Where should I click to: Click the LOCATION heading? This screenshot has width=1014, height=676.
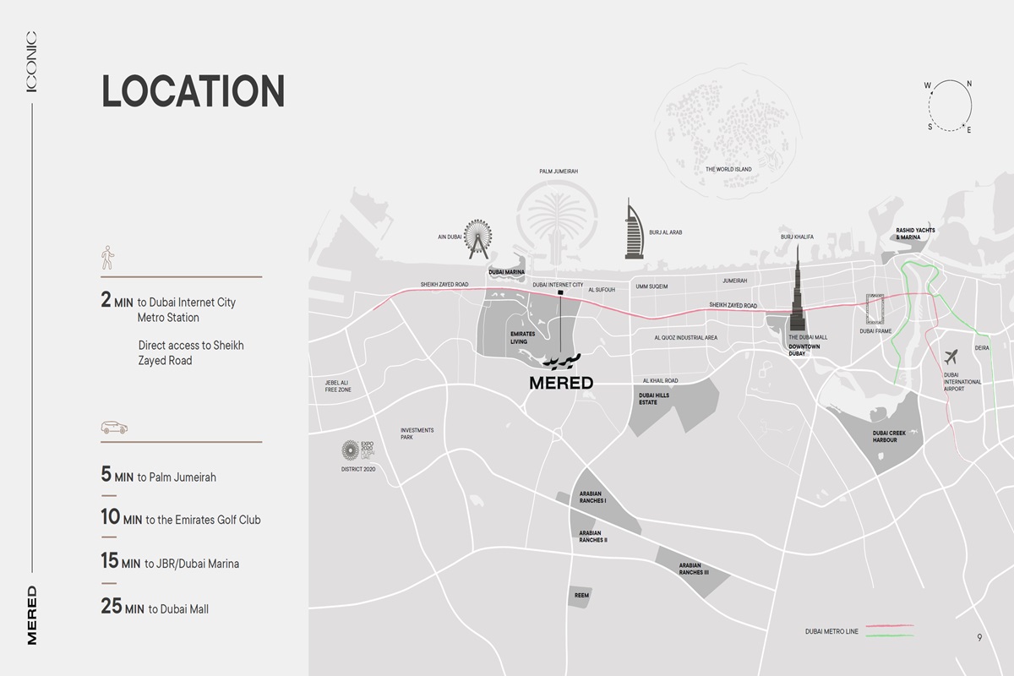coord(193,91)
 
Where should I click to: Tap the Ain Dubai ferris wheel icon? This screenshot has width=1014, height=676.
coord(477,237)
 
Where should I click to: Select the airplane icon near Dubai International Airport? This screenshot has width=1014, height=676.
coord(952,357)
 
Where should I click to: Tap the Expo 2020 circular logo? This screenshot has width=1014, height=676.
coord(350,451)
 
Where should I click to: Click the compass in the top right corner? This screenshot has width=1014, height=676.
coord(950,105)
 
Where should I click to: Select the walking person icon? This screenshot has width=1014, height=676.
coord(107,258)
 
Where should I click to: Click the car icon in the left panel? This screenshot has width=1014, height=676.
coord(114,428)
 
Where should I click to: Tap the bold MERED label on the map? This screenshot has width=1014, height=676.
coord(561,383)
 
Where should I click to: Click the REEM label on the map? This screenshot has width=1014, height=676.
coord(581,596)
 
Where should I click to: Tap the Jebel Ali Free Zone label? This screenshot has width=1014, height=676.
coord(337,386)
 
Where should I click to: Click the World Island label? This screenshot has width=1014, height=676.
coord(728,169)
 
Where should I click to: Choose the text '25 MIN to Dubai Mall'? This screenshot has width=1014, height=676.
coord(155,608)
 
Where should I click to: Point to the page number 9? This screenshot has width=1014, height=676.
coord(979,638)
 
